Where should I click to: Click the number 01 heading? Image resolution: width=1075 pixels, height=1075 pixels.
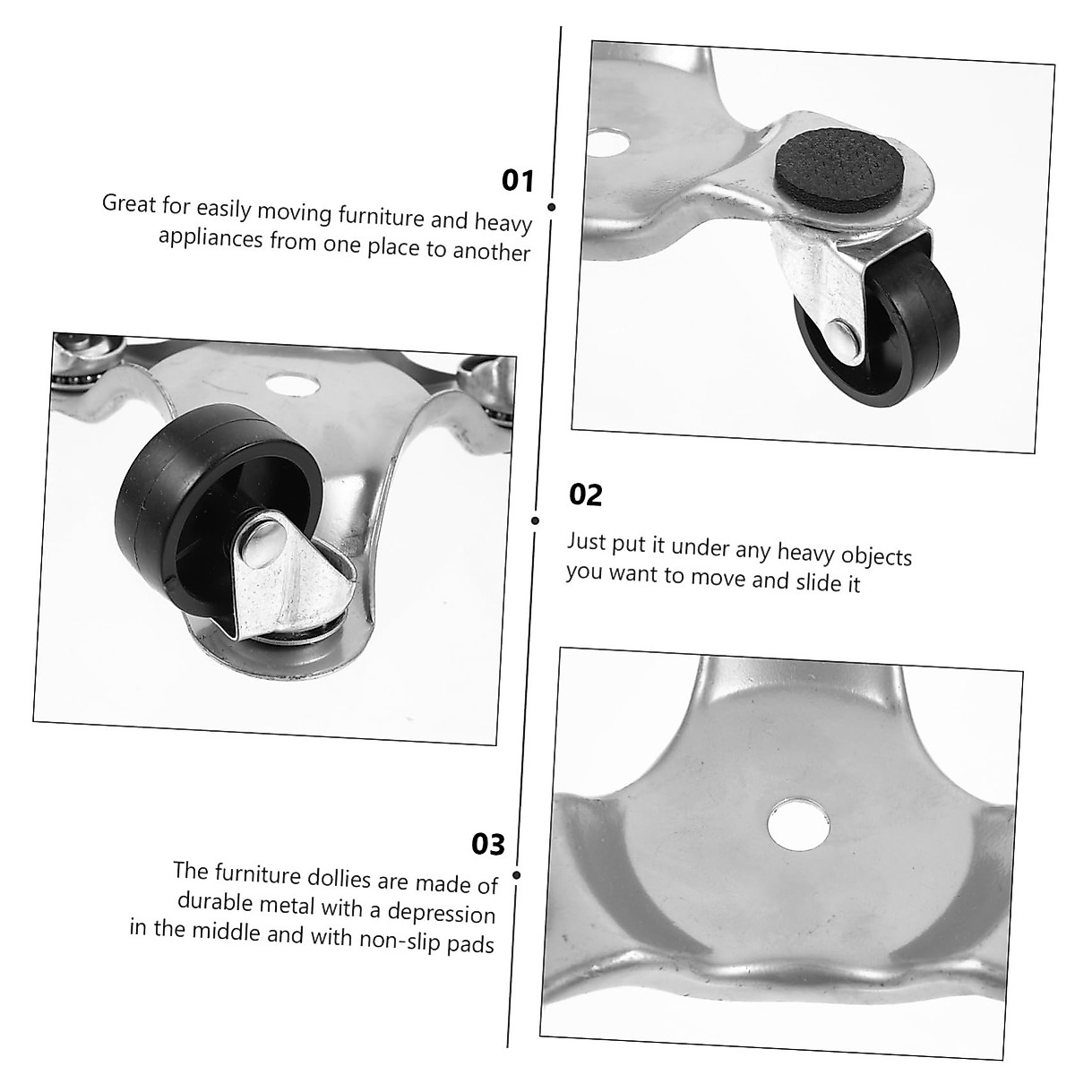coord(517,181)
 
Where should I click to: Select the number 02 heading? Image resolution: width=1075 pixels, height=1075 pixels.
coord(586,495)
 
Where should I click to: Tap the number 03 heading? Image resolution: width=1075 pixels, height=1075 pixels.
coord(488,844)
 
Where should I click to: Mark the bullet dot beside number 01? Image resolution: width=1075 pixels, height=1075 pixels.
coord(552,207)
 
